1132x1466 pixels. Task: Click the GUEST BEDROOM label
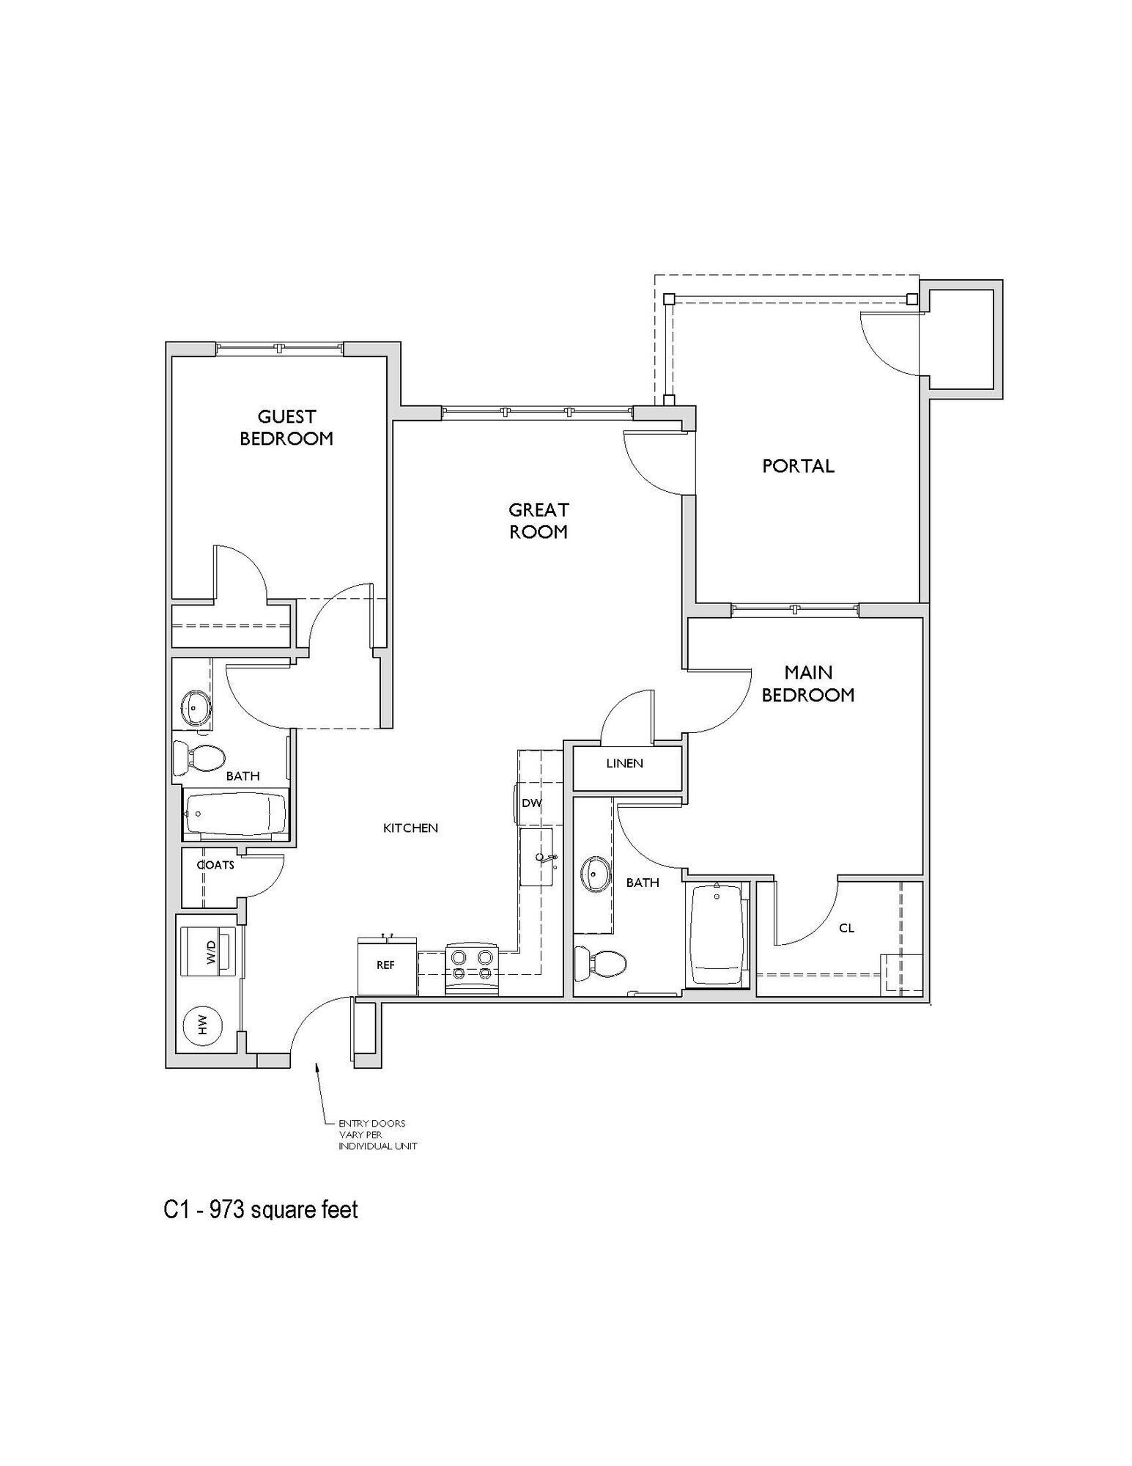click(286, 427)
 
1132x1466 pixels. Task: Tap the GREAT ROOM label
click(539, 520)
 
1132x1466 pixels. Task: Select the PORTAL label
click(798, 465)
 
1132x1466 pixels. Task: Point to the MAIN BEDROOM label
click(808, 683)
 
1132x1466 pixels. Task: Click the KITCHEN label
click(410, 828)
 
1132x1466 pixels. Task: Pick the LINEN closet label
click(624, 764)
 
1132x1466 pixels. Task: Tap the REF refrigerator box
click(386, 966)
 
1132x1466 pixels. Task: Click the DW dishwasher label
click(532, 803)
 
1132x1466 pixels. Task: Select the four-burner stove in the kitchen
click(472, 966)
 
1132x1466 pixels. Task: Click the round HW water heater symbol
click(204, 1024)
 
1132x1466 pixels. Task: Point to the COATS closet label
click(216, 865)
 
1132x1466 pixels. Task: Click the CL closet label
click(847, 928)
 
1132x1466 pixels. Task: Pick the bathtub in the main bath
click(717, 935)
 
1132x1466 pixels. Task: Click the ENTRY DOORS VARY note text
click(377, 1134)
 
